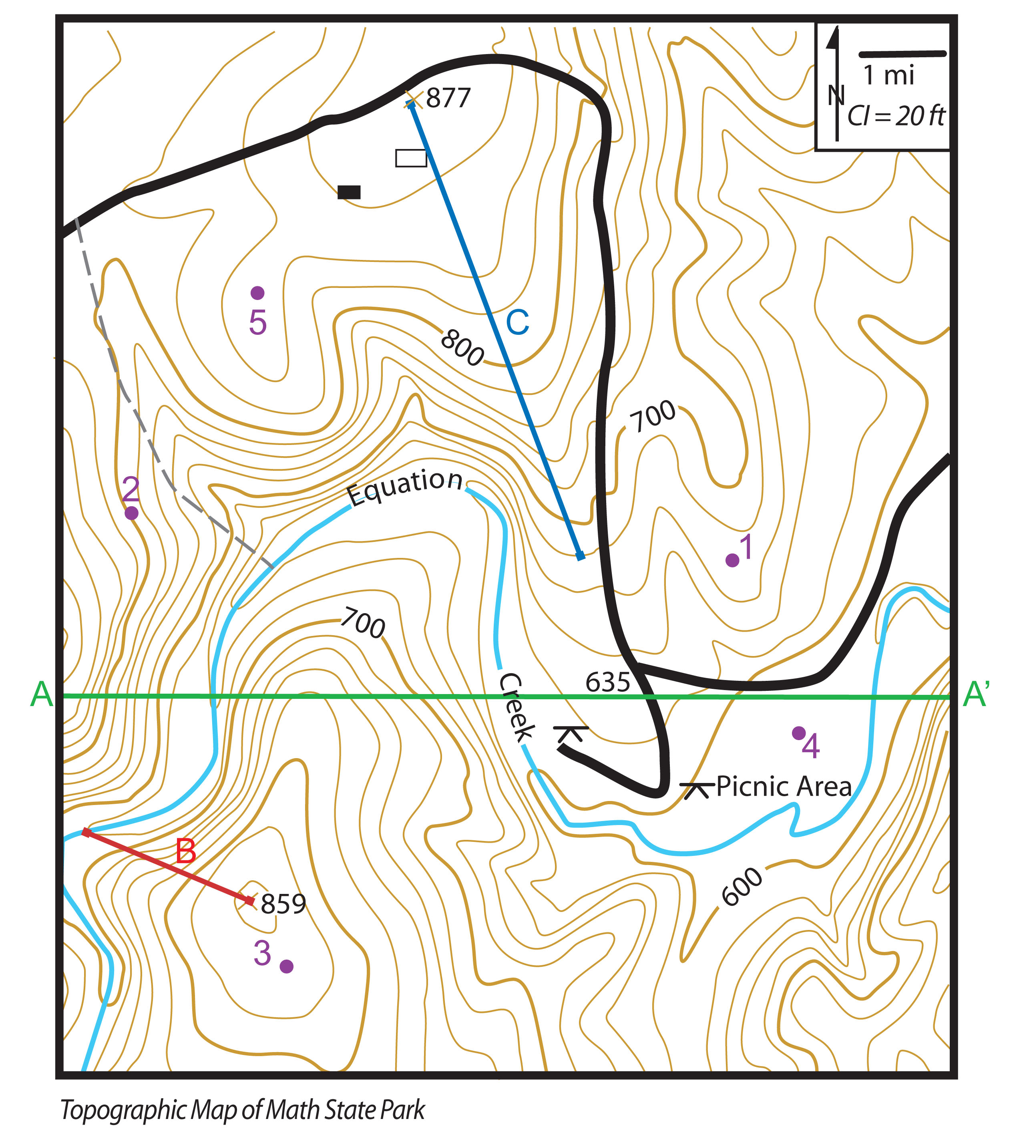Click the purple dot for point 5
257,293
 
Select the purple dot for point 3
287,966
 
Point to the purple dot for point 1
732,560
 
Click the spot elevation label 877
448,98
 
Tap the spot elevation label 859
283,904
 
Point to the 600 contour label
742,887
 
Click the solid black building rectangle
349,192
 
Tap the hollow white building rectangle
411,158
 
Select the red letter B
186,851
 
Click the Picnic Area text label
784,787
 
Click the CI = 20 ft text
896,116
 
